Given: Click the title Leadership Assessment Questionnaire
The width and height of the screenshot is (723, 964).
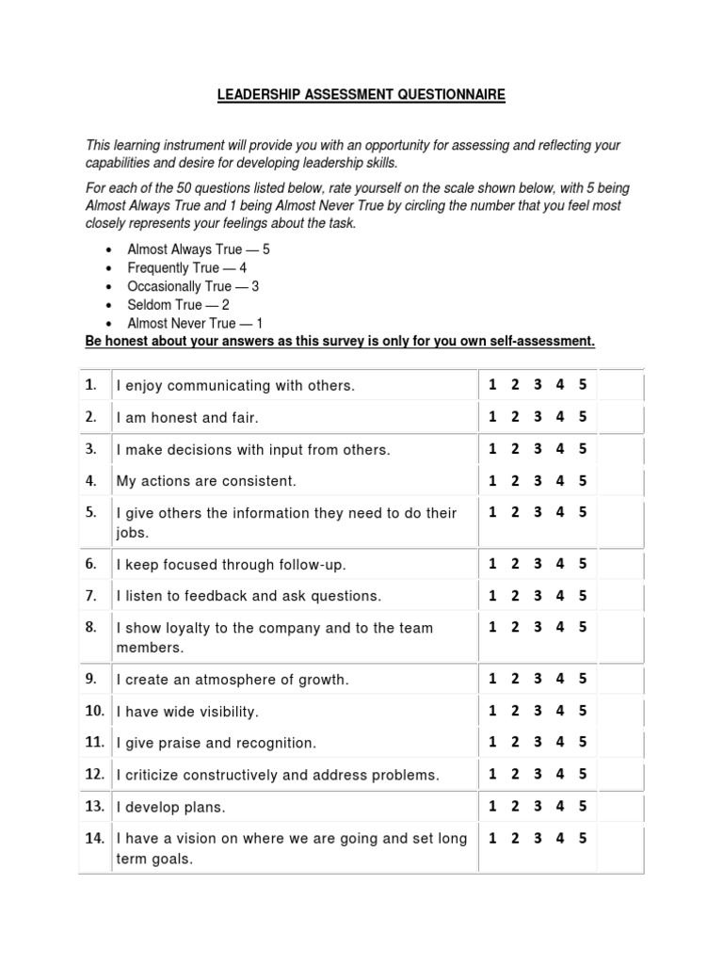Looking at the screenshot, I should tap(361, 95).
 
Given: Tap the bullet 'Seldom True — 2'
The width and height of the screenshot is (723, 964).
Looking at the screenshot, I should tap(178, 305).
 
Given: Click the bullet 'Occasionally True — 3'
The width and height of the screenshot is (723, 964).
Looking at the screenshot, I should tap(193, 286).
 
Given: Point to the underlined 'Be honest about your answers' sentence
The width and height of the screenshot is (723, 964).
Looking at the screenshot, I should tap(340, 341).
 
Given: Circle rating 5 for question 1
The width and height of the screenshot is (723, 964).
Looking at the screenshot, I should tap(583, 384).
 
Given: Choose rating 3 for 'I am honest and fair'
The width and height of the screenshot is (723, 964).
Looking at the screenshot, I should tap(538, 416).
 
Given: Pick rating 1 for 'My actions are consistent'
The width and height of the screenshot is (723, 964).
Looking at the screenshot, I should tap(492, 480).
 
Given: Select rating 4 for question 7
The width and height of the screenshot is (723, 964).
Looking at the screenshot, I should tap(560, 595).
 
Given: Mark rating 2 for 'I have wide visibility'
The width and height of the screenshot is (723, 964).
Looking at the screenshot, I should tap(515, 711).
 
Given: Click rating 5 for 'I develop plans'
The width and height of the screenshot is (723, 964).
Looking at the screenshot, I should tap(583, 806).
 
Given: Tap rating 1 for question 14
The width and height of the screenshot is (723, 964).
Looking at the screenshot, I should tap(492, 838).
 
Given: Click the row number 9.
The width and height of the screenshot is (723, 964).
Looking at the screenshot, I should tap(90, 678).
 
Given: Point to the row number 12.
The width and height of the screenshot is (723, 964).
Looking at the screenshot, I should tap(93, 774).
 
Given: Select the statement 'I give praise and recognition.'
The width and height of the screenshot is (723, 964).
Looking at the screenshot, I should tap(217, 743).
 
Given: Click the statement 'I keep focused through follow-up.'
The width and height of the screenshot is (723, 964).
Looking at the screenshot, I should tap(231, 565).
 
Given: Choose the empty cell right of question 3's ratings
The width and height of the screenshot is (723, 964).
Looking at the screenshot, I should tap(620, 449).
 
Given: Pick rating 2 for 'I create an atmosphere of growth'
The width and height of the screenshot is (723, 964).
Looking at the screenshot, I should tap(515, 678).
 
